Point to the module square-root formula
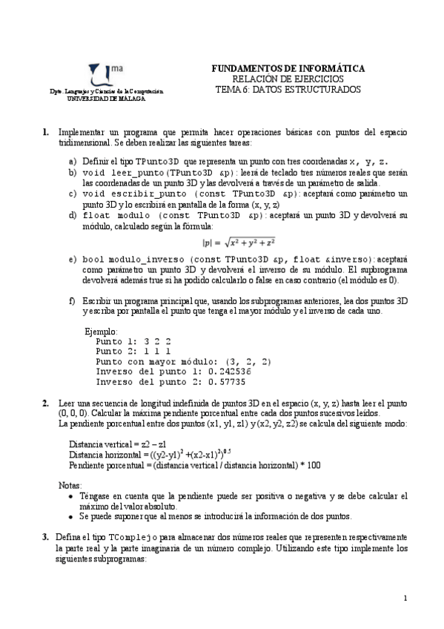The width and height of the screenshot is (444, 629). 239,242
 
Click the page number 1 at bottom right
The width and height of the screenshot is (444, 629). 405,598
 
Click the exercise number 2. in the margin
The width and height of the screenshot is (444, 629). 46,403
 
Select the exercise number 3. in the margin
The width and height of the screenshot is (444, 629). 46,536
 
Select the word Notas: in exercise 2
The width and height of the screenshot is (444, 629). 70,484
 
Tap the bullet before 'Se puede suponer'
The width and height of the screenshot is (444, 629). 70,516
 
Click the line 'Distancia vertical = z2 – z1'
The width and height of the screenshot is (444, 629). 118,444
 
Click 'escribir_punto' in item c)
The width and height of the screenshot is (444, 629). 140,194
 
